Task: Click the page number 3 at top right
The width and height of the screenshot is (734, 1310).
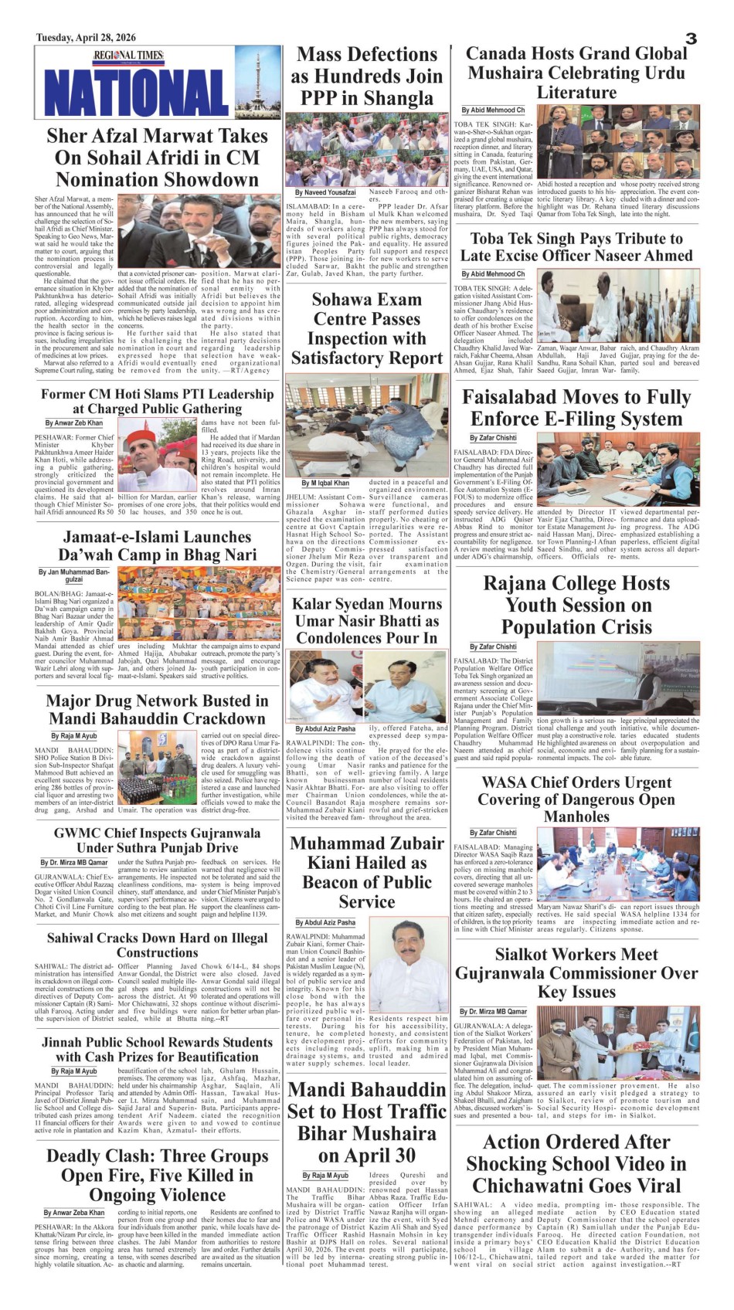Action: click(x=692, y=39)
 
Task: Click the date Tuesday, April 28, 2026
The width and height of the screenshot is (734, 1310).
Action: click(x=85, y=37)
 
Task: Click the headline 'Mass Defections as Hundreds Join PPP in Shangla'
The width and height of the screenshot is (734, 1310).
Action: click(x=366, y=76)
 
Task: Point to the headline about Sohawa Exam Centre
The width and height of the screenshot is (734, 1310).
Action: click(x=366, y=328)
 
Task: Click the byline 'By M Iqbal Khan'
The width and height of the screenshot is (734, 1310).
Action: click(x=325, y=483)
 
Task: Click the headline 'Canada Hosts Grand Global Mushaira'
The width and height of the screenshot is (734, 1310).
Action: click(x=576, y=73)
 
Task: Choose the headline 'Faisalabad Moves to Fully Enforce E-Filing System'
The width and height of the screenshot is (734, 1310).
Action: click(x=576, y=408)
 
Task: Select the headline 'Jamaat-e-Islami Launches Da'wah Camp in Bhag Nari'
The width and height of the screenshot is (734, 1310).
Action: click(x=157, y=546)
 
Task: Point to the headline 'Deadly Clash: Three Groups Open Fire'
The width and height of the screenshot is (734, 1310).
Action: click(x=157, y=1176)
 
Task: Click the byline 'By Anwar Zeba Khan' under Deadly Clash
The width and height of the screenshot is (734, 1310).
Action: click(x=74, y=1213)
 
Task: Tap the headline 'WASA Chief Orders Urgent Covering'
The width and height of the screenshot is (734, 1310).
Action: click(x=576, y=799)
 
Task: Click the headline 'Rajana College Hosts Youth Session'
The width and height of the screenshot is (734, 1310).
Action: click(x=576, y=605)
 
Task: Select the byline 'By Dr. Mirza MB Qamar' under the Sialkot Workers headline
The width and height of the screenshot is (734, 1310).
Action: click(x=493, y=1011)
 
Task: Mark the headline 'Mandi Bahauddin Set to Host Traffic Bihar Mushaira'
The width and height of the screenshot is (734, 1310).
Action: click(x=366, y=1122)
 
